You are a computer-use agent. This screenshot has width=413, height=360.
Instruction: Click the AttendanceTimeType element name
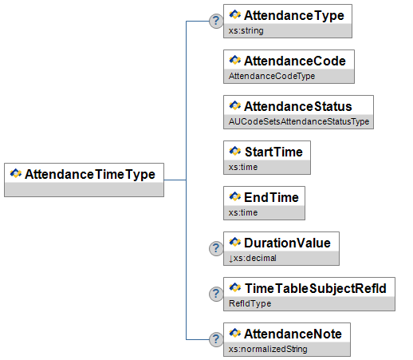90,175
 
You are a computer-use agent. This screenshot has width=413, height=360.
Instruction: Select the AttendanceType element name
294,16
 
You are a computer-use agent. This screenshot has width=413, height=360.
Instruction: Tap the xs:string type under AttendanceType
246,30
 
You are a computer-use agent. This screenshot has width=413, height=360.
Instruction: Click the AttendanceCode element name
295,61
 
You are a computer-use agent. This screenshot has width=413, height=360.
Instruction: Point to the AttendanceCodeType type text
272,76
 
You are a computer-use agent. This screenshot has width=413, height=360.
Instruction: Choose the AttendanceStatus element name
298,106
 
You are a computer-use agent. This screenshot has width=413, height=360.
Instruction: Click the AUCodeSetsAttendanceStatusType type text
299,121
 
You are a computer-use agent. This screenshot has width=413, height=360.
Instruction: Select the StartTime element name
273,152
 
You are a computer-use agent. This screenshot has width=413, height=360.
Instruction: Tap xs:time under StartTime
243,167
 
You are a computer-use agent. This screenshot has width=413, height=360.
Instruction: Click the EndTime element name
271,197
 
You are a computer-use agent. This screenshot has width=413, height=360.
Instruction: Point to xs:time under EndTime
243,212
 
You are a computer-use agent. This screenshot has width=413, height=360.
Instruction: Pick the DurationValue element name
287,243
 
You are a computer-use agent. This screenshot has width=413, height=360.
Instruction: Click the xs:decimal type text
253,258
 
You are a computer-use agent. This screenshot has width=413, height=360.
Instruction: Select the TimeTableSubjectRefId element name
316,288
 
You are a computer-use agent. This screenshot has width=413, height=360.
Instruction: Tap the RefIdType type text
250,303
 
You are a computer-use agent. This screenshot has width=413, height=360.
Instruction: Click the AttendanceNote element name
293,334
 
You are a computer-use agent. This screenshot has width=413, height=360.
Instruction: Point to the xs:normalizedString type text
268,349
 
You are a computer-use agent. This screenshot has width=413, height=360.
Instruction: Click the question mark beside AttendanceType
216,21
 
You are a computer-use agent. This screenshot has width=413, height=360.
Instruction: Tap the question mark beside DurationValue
216,248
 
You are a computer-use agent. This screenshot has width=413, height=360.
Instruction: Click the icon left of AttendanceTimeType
16,173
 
